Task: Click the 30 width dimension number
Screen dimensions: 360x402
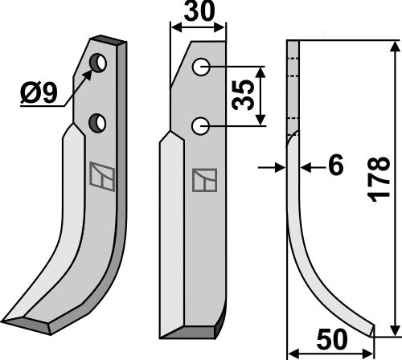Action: (x=198, y=14)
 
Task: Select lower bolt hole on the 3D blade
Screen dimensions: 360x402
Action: (x=98, y=122)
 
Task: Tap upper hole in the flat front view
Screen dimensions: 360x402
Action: (x=202, y=68)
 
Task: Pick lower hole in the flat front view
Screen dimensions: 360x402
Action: (x=202, y=125)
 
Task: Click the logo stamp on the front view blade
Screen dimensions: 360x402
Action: (x=202, y=180)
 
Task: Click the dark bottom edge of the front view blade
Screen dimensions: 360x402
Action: (x=191, y=331)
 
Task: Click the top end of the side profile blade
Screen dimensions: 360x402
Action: (x=293, y=43)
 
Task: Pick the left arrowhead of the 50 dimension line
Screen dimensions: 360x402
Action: (x=291, y=351)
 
